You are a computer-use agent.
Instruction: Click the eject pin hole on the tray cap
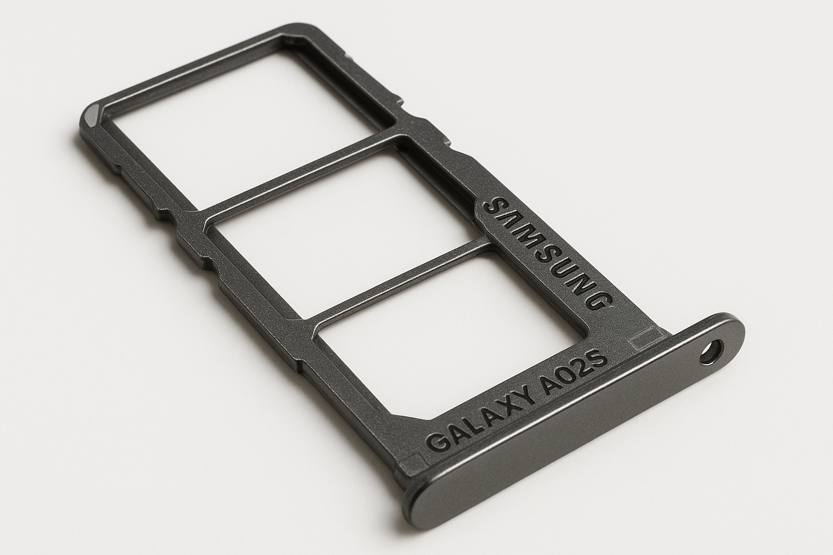point(712,352)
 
